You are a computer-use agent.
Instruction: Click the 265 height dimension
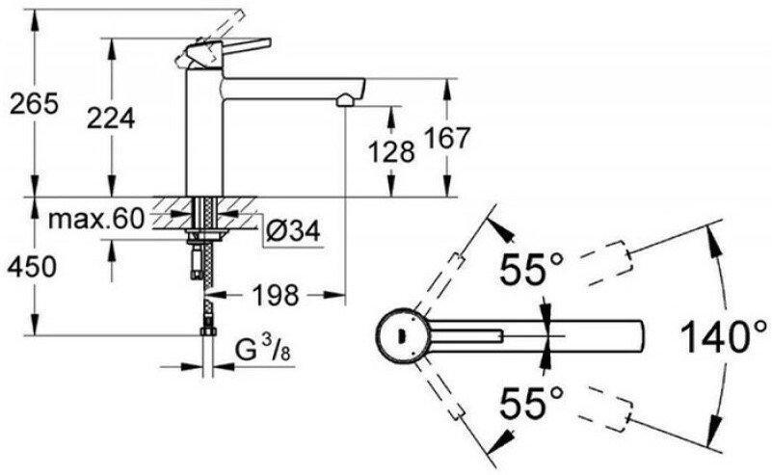click(35, 103)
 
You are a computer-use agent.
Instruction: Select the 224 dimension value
click(111, 119)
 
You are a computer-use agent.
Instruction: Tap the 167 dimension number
click(447, 138)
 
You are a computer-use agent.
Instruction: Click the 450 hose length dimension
click(32, 267)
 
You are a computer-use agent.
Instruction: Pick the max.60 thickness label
click(96, 219)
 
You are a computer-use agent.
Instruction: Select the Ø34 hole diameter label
click(293, 230)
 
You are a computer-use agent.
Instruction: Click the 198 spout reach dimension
click(276, 295)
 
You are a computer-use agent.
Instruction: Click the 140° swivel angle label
click(724, 336)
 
